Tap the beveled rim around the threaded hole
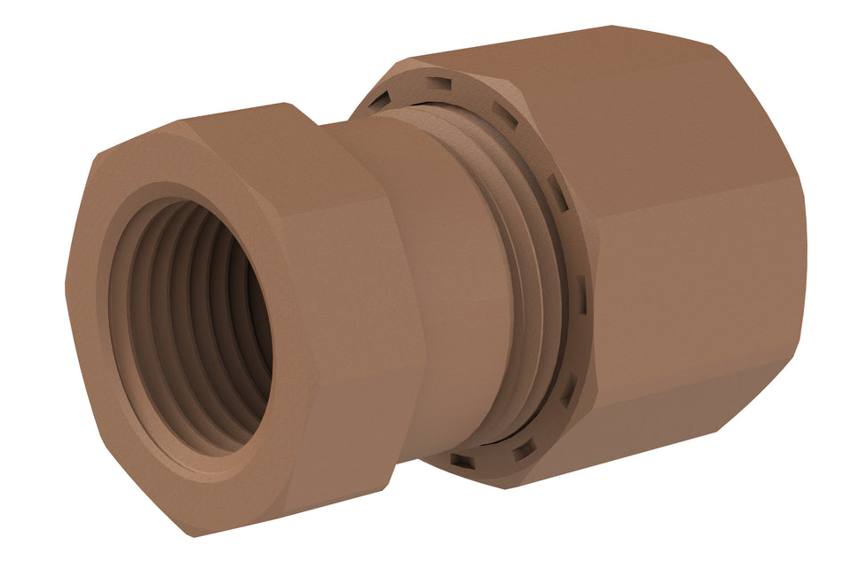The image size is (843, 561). click(115, 266)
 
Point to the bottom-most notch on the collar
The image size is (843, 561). click(462, 460)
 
